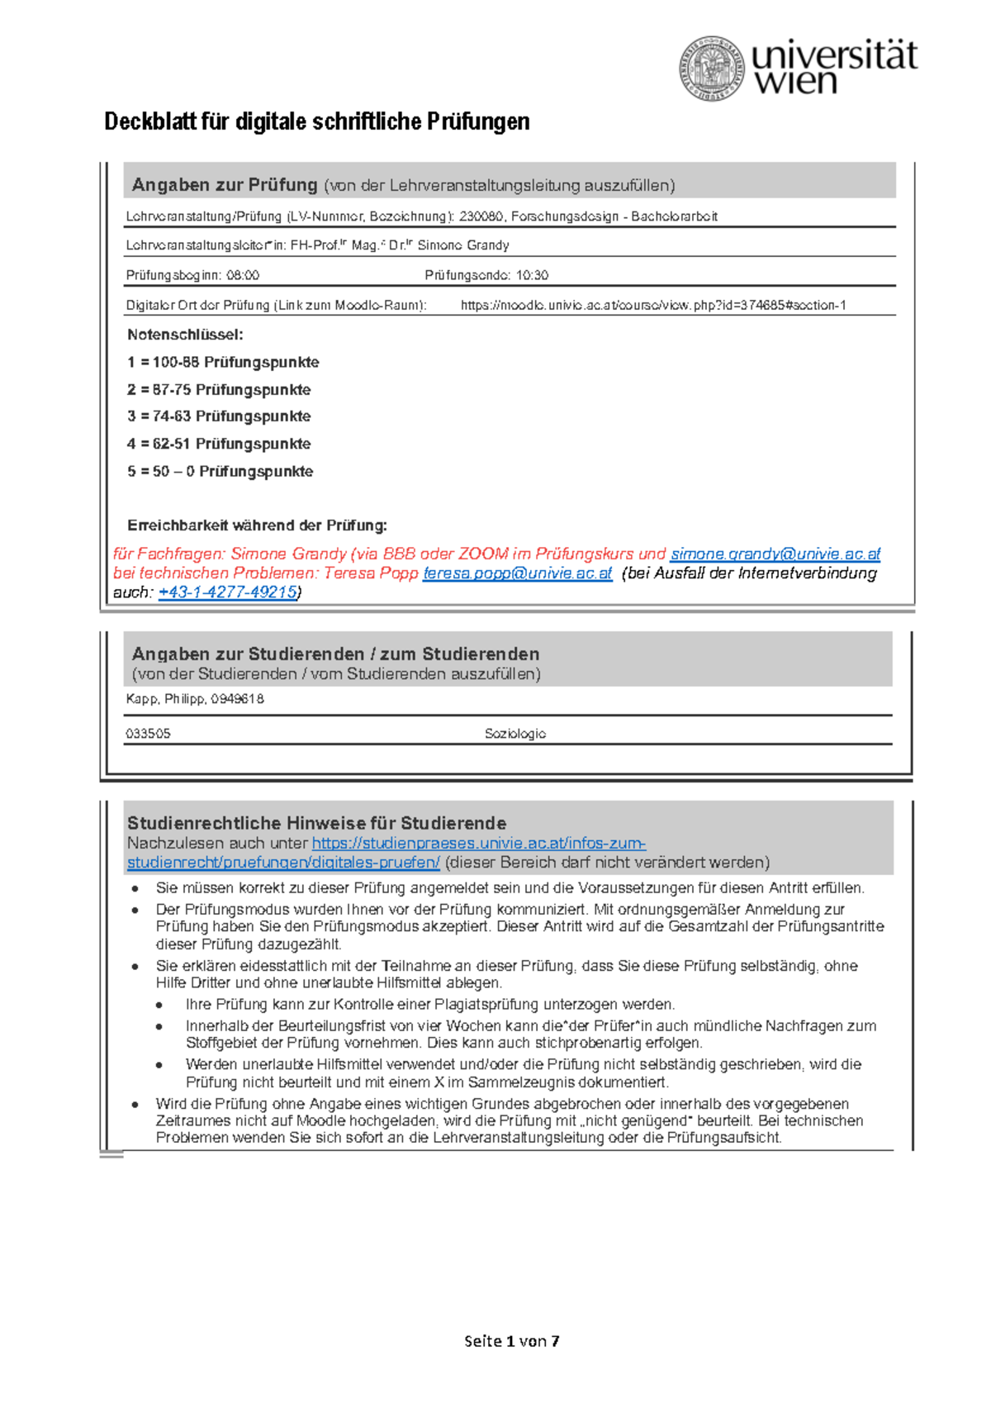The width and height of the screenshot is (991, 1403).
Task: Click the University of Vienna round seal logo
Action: [713, 69]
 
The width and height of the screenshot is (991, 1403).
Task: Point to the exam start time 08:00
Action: [243, 275]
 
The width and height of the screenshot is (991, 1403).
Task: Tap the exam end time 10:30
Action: [532, 275]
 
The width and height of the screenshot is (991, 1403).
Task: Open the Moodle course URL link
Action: [652, 305]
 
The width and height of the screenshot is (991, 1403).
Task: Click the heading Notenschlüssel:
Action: [185, 335]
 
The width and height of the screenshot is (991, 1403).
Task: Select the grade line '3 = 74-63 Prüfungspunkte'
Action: [219, 416]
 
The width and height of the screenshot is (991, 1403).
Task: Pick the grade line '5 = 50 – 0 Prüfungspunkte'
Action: [220, 472]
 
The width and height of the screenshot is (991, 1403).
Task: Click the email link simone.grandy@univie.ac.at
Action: [775, 554]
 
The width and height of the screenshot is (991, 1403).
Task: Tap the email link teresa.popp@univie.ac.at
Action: [517, 573]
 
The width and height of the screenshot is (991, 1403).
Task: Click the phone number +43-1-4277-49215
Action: [227, 592]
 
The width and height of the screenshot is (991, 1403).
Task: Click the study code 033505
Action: [148, 734]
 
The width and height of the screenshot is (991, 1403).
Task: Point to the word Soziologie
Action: [514, 734]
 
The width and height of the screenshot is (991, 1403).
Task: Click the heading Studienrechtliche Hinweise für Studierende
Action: [316, 823]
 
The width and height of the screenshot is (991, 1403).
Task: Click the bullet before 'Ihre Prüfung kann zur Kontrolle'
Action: [159, 1006]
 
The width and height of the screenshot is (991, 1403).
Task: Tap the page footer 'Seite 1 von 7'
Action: [511, 1341]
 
